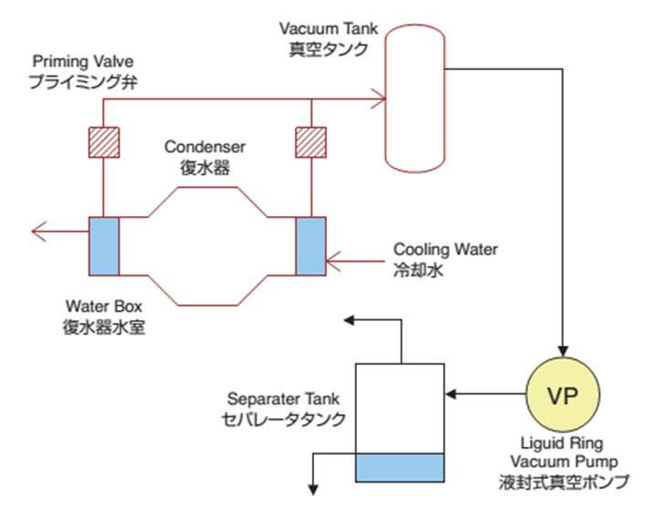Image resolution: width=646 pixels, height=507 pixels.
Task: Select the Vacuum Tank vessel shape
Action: pyautogui.click(x=414, y=99)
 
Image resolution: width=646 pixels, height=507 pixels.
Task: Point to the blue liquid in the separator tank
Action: pyautogui.click(x=398, y=468)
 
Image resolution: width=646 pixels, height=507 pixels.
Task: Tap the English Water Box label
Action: pyautogui.click(x=101, y=303)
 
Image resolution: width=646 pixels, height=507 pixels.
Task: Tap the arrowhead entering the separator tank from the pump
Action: pyautogui.click(x=449, y=395)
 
